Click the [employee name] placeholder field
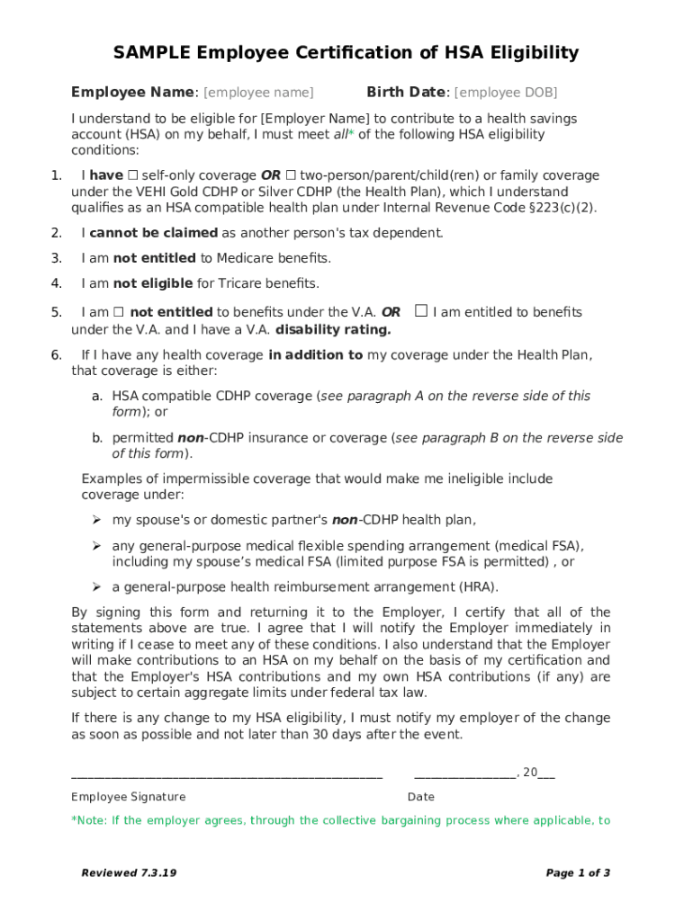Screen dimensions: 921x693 (x=258, y=93)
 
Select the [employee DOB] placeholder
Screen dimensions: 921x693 (x=506, y=93)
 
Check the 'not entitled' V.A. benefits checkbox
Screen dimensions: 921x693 (x=118, y=313)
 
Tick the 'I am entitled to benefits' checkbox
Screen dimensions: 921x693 (x=420, y=312)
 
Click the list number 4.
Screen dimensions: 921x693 (x=56, y=284)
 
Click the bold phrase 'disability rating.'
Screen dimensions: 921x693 (x=333, y=329)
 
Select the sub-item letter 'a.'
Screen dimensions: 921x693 (x=96, y=397)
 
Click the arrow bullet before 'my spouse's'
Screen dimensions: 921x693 (x=95, y=520)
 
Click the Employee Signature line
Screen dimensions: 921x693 (x=227, y=773)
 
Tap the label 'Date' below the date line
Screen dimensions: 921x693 (x=421, y=797)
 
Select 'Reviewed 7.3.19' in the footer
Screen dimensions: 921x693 (x=129, y=873)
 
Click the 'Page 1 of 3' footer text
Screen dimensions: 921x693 (x=578, y=873)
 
